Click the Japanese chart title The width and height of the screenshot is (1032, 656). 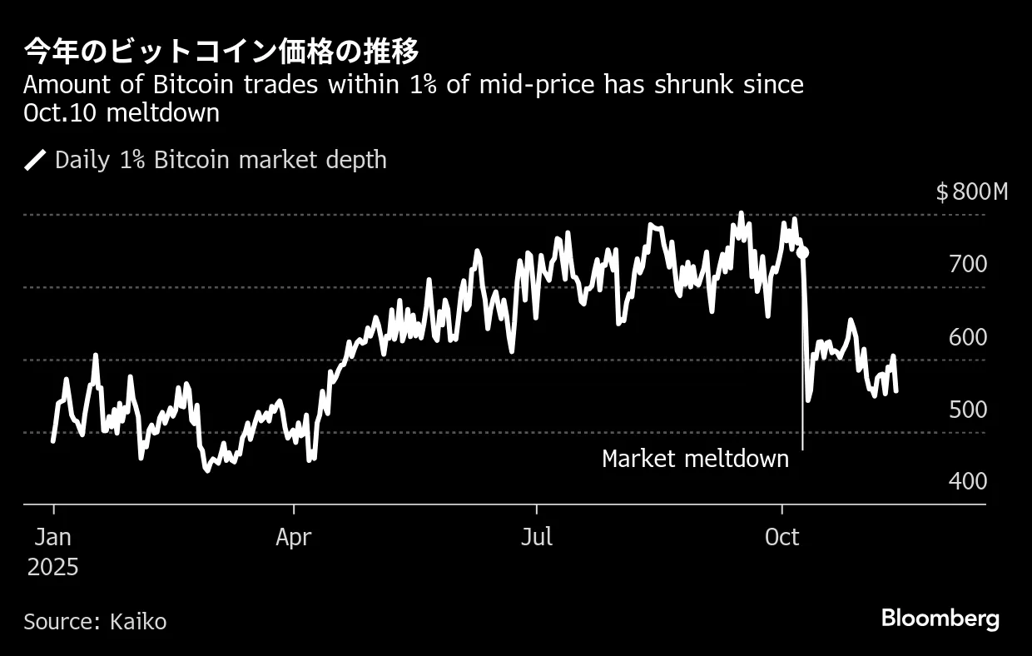click(221, 52)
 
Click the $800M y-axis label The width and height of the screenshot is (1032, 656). click(971, 192)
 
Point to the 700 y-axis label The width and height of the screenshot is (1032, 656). click(967, 265)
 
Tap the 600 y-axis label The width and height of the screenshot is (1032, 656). click(967, 337)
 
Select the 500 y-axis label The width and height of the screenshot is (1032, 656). click(967, 410)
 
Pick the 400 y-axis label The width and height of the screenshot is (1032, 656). click(967, 481)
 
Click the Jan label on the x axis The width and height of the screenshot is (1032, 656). click(52, 537)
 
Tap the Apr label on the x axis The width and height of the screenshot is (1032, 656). click(293, 537)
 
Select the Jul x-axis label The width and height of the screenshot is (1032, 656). click(537, 537)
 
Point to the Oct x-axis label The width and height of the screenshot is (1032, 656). click(781, 537)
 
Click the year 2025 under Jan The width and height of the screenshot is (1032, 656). click(52, 568)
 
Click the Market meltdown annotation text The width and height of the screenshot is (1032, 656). click(695, 459)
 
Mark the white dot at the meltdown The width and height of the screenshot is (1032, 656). click(802, 252)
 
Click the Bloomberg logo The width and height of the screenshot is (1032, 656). click(940, 619)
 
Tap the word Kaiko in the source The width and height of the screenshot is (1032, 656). click(136, 621)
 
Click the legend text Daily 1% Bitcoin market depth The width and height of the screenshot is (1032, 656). click(221, 160)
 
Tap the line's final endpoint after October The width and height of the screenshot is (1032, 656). click(896, 390)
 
